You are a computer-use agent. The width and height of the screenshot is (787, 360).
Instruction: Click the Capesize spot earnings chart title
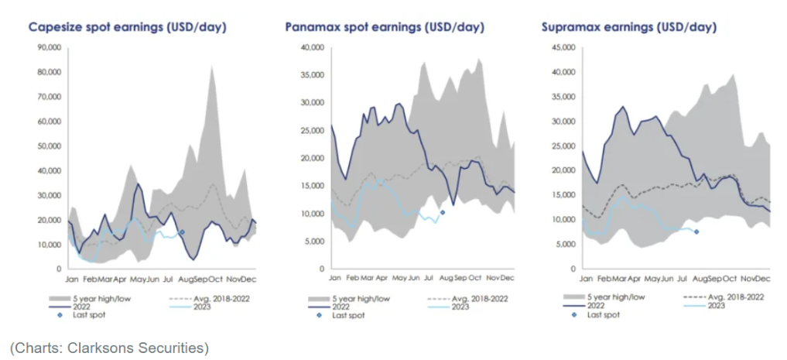(128, 27)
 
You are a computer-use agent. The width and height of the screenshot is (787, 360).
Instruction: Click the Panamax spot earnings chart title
(385, 27)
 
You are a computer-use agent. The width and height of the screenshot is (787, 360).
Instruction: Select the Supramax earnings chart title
(629, 27)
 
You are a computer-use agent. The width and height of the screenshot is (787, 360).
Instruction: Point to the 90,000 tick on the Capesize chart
(49, 48)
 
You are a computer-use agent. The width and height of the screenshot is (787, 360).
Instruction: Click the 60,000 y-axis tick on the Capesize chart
(49, 122)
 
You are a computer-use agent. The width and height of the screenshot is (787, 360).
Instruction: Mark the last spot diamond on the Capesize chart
(182, 231)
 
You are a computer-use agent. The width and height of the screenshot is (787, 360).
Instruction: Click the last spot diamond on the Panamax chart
(442, 212)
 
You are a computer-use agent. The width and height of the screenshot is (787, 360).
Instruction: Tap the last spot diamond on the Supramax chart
(696, 231)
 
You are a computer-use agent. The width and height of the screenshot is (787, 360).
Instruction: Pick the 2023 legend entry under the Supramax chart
(713, 306)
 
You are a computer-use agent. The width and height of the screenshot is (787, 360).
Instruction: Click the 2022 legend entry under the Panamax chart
(344, 306)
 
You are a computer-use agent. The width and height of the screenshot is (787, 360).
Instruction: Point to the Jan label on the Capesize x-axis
(71, 278)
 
